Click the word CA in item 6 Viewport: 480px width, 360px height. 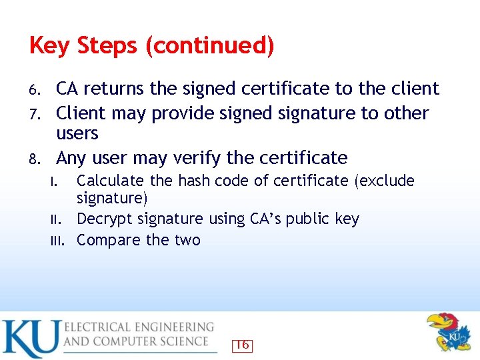(68, 89)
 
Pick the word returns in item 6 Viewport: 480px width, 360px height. (115, 89)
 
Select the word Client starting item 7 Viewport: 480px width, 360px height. (81, 113)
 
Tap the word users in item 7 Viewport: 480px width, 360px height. (77, 134)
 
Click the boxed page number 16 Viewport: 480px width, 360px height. (243, 345)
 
